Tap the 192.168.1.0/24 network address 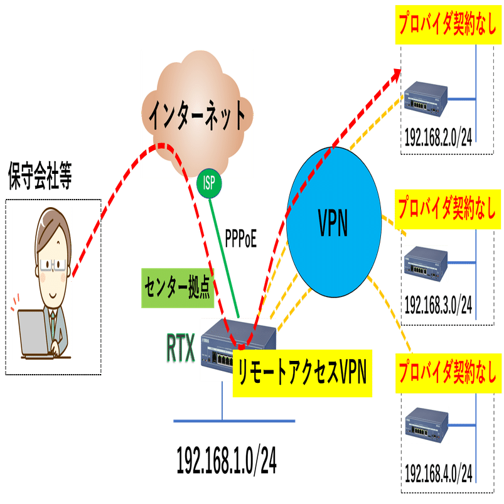[x=227, y=461]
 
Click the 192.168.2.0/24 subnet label [x=438, y=137]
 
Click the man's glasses [x=54, y=262]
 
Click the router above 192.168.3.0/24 [x=427, y=264]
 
